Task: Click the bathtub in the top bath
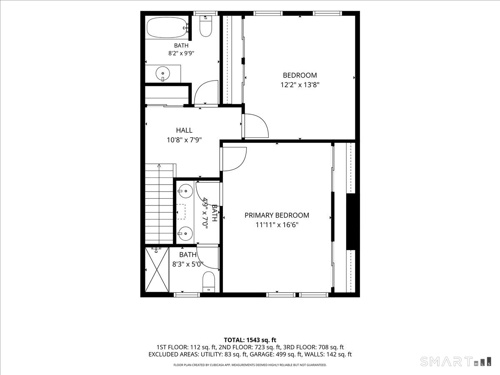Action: click(167, 27)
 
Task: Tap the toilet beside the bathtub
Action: click(206, 26)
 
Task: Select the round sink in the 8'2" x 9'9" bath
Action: click(162, 74)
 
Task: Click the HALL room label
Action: click(184, 130)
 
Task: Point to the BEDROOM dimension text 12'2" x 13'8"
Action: click(300, 85)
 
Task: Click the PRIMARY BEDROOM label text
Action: click(277, 215)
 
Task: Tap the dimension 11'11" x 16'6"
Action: click(277, 225)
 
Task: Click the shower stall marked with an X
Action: click(157, 270)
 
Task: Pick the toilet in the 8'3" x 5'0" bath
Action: click(209, 282)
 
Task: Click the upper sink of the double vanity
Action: click(185, 191)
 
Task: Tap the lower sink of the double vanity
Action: click(185, 234)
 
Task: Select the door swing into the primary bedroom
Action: click(235, 159)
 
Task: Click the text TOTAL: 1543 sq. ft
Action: click(250, 340)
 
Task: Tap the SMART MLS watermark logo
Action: click(455, 361)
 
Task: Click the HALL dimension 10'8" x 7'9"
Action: click(184, 140)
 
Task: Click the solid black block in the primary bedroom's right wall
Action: click(351, 222)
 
